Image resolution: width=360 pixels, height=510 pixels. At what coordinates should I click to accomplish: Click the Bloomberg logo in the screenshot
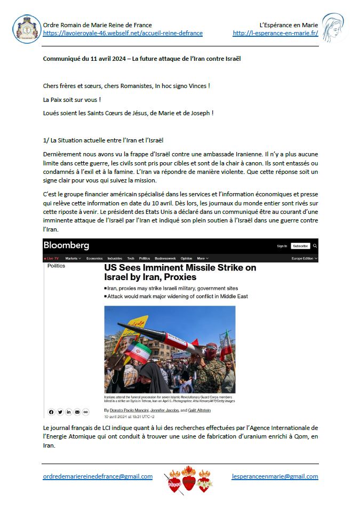66,245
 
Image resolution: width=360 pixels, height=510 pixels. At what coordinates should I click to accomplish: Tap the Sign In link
282,246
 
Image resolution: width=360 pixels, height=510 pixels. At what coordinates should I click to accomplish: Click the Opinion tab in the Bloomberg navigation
186,258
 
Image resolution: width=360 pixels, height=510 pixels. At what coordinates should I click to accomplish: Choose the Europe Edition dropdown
305,258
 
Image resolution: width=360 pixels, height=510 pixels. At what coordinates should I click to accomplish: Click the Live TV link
52,258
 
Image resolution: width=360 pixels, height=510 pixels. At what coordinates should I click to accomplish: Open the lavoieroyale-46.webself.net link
123,33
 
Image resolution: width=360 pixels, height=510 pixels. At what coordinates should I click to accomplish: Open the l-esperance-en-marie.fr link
275,33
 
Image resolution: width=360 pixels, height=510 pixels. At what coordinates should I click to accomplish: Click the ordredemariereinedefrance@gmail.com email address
98,476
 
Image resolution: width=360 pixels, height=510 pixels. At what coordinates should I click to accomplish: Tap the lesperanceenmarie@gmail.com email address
275,476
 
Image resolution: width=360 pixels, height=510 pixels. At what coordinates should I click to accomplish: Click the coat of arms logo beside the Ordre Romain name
26,29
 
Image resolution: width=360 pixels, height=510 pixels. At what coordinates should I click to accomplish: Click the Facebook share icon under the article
52,412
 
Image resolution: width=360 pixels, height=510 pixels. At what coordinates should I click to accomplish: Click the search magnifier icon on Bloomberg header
315,246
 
